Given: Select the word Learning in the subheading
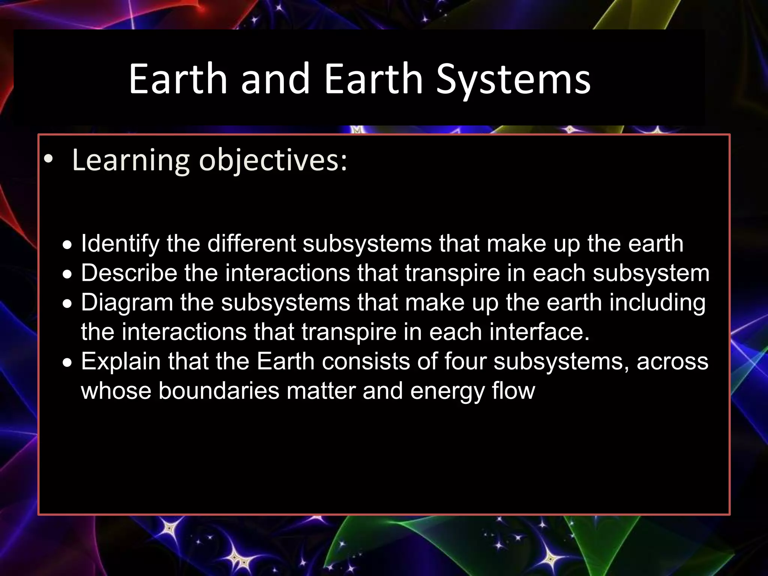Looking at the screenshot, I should tap(130, 160).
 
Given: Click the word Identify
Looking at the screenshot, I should tap(120, 244).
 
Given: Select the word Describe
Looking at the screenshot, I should tap(129, 273).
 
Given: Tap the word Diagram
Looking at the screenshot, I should tap(127, 303).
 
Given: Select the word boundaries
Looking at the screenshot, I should tap(219, 391).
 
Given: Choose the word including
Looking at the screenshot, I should tap(657, 303).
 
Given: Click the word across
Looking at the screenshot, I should tap(672, 362).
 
